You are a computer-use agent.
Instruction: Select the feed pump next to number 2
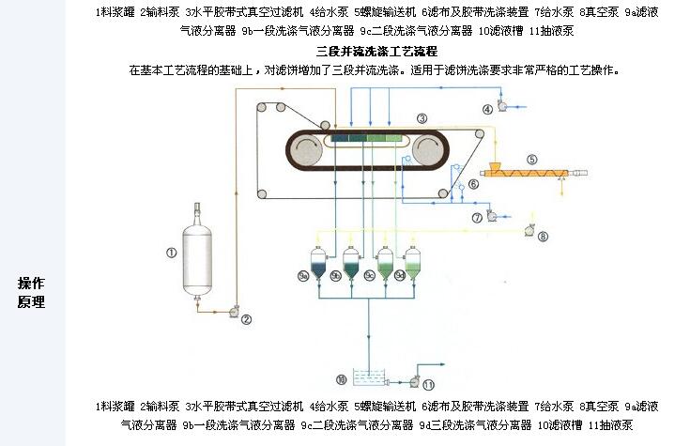(x=232, y=307)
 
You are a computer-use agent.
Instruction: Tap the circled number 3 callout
(x=422, y=118)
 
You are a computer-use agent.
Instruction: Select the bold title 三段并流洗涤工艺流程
(x=376, y=51)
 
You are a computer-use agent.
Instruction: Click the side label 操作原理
(x=31, y=292)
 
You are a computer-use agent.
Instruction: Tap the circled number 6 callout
(x=473, y=185)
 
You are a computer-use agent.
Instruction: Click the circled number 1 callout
(x=171, y=252)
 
